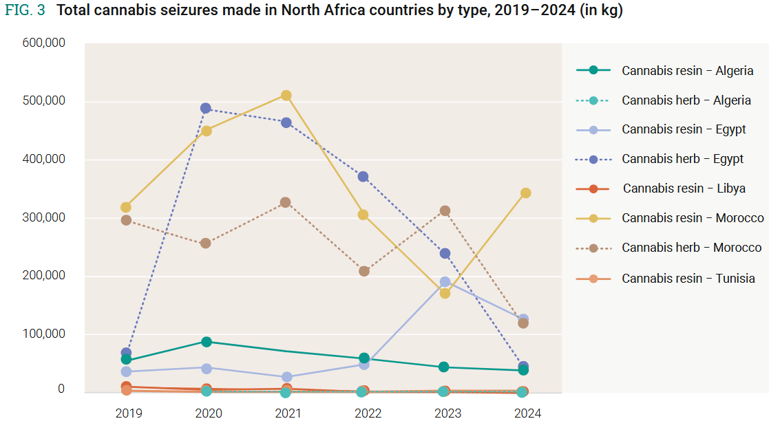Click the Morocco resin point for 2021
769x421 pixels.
point(286,96)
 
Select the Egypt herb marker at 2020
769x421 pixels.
point(206,109)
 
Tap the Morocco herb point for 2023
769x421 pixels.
point(445,211)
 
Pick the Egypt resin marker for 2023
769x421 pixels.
point(445,282)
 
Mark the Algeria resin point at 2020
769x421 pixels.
point(206,342)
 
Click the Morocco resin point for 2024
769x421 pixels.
point(525,193)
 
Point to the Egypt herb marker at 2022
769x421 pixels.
point(364,177)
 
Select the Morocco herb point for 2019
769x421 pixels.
point(126,220)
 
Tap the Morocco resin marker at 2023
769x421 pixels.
point(445,294)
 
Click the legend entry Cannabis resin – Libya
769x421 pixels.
point(684,188)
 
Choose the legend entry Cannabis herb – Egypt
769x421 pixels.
point(682,159)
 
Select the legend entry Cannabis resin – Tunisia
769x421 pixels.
point(688,279)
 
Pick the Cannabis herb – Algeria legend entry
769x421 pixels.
point(686,100)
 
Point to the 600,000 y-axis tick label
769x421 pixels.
point(43,43)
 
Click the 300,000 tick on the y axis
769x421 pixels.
point(43,217)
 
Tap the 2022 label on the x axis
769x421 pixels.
point(368,413)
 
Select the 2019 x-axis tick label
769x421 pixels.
point(128,413)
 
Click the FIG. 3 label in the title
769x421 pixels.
point(25,12)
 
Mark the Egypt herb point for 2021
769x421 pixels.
point(286,123)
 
